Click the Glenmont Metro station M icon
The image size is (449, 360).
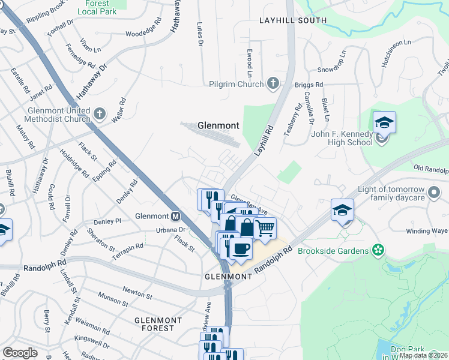pos(176,217)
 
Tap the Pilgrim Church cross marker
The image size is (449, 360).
pos(273,84)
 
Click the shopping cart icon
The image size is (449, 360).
pos(265,229)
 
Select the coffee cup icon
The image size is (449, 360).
pos(241,248)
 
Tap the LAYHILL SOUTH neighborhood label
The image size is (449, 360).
pos(293,20)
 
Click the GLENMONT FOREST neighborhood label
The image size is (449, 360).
pos(154,324)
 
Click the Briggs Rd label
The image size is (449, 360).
pos(309,85)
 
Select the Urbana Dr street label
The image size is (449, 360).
pos(169,230)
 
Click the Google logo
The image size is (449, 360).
pos(20,353)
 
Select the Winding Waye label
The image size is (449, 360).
pos(427,231)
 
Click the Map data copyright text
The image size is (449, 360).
pos(423,355)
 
